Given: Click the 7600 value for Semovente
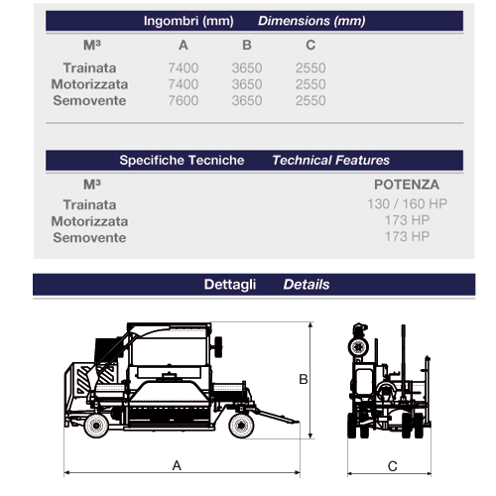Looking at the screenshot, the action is pyautogui.click(x=184, y=100).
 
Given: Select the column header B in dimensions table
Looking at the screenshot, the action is pyautogui.click(x=247, y=45).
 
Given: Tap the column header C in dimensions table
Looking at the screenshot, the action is pyautogui.click(x=310, y=45).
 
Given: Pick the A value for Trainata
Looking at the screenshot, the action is pyautogui.click(x=184, y=68).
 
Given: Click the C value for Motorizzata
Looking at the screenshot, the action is pyautogui.click(x=310, y=84).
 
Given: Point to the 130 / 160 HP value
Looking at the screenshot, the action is pyautogui.click(x=407, y=204).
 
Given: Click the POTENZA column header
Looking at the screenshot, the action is pyautogui.click(x=407, y=185).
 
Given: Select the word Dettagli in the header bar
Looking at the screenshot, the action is pyautogui.click(x=230, y=285).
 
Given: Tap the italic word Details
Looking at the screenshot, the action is pyautogui.click(x=307, y=285).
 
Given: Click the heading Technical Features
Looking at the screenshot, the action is pyautogui.click(x=331, y=161).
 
